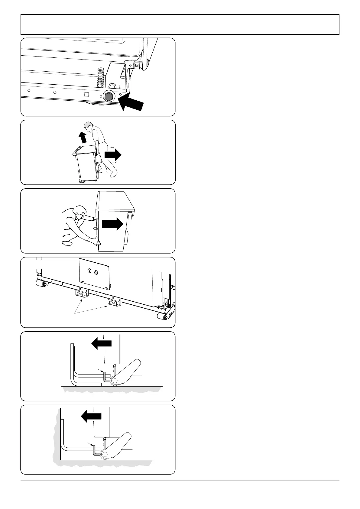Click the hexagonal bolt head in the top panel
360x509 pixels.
[109, 96]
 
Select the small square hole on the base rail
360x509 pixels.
[86, 94]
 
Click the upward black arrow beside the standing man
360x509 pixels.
[82, 138]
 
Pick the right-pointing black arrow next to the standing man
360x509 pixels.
[112, 155]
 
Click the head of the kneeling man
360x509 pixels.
[79, 211]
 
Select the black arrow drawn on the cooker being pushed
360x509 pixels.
[112, 225]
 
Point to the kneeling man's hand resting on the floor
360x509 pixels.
[67, 244]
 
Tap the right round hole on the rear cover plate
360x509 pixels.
[96, 273]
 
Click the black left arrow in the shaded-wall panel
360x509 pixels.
[91, 417]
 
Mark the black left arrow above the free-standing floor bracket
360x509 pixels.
[101, 343]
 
